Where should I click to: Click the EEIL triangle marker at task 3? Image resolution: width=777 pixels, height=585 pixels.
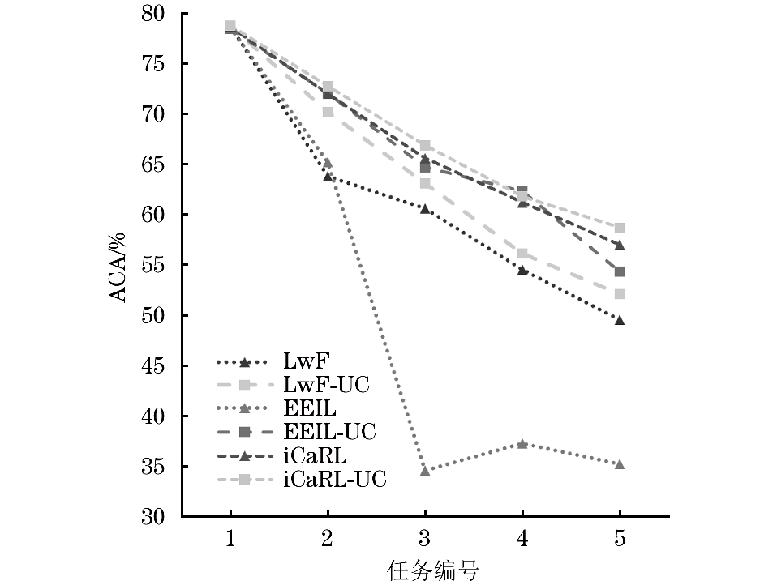click(x=425, y=470)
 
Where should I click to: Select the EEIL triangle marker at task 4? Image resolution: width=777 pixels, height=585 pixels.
click(x=522, y=444)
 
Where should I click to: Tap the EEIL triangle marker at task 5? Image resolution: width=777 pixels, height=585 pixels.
click(x=620, y=463)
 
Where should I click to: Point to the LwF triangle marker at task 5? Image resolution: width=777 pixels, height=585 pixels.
click(x=620, y=320)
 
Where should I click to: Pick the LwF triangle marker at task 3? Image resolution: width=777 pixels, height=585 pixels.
click(x=425, y=208)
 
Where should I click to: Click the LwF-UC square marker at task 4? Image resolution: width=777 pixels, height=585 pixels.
click(x=522, y=254)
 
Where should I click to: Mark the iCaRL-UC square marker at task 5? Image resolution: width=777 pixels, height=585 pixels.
click(x=620, y=228)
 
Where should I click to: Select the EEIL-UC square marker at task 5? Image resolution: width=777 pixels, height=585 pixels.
click(x=620, y=271)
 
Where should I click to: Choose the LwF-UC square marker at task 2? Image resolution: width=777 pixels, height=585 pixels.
click(x=328, y=112)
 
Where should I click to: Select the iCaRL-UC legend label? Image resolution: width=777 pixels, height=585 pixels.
click(x=335, y=480)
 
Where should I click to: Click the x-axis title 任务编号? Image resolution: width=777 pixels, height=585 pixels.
click(x=425, y=570)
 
